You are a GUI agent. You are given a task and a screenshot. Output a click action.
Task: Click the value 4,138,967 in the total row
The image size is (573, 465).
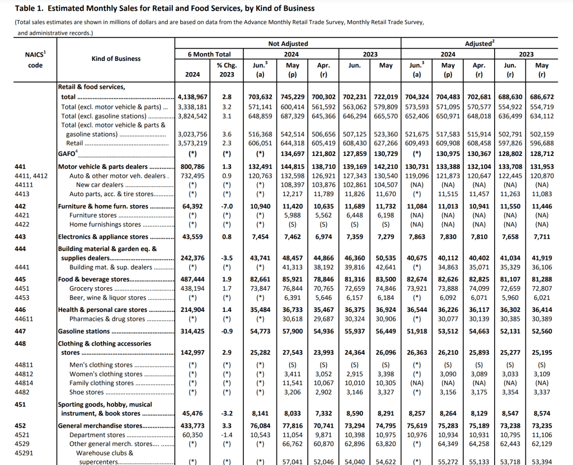click(x=192, y=97)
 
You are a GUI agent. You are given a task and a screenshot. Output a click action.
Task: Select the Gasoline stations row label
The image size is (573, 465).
click(x=84, y=331)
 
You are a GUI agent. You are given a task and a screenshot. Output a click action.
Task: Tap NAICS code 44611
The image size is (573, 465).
click(x=25, y=319)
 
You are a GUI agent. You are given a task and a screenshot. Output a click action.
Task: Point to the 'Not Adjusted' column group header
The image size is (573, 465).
click(x=288, y=44)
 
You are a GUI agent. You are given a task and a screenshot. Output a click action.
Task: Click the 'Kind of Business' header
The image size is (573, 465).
click(x=116, y=59)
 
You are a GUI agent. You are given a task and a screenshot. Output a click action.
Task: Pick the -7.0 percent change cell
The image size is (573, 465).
click(x=227, y=207)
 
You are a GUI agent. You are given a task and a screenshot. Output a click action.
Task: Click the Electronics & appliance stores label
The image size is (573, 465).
click(x=96, y=237)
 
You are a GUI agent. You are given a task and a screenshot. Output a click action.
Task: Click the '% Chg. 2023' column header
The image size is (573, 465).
click(x=227, y=70)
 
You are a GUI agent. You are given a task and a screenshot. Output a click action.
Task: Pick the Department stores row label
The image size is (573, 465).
click(x=97, y=435)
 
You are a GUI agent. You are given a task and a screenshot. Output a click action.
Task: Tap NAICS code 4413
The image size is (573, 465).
click(x=22, y=194)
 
